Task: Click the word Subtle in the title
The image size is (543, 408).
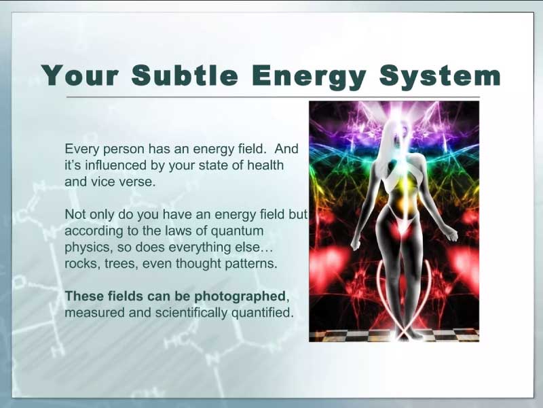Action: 185,75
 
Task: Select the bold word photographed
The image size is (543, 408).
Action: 240,296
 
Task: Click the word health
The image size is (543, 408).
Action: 265,165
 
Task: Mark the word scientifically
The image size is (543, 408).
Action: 191,313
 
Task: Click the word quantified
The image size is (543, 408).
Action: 262,313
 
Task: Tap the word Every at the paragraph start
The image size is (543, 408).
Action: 82,149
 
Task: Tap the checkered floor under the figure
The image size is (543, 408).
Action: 394,335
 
